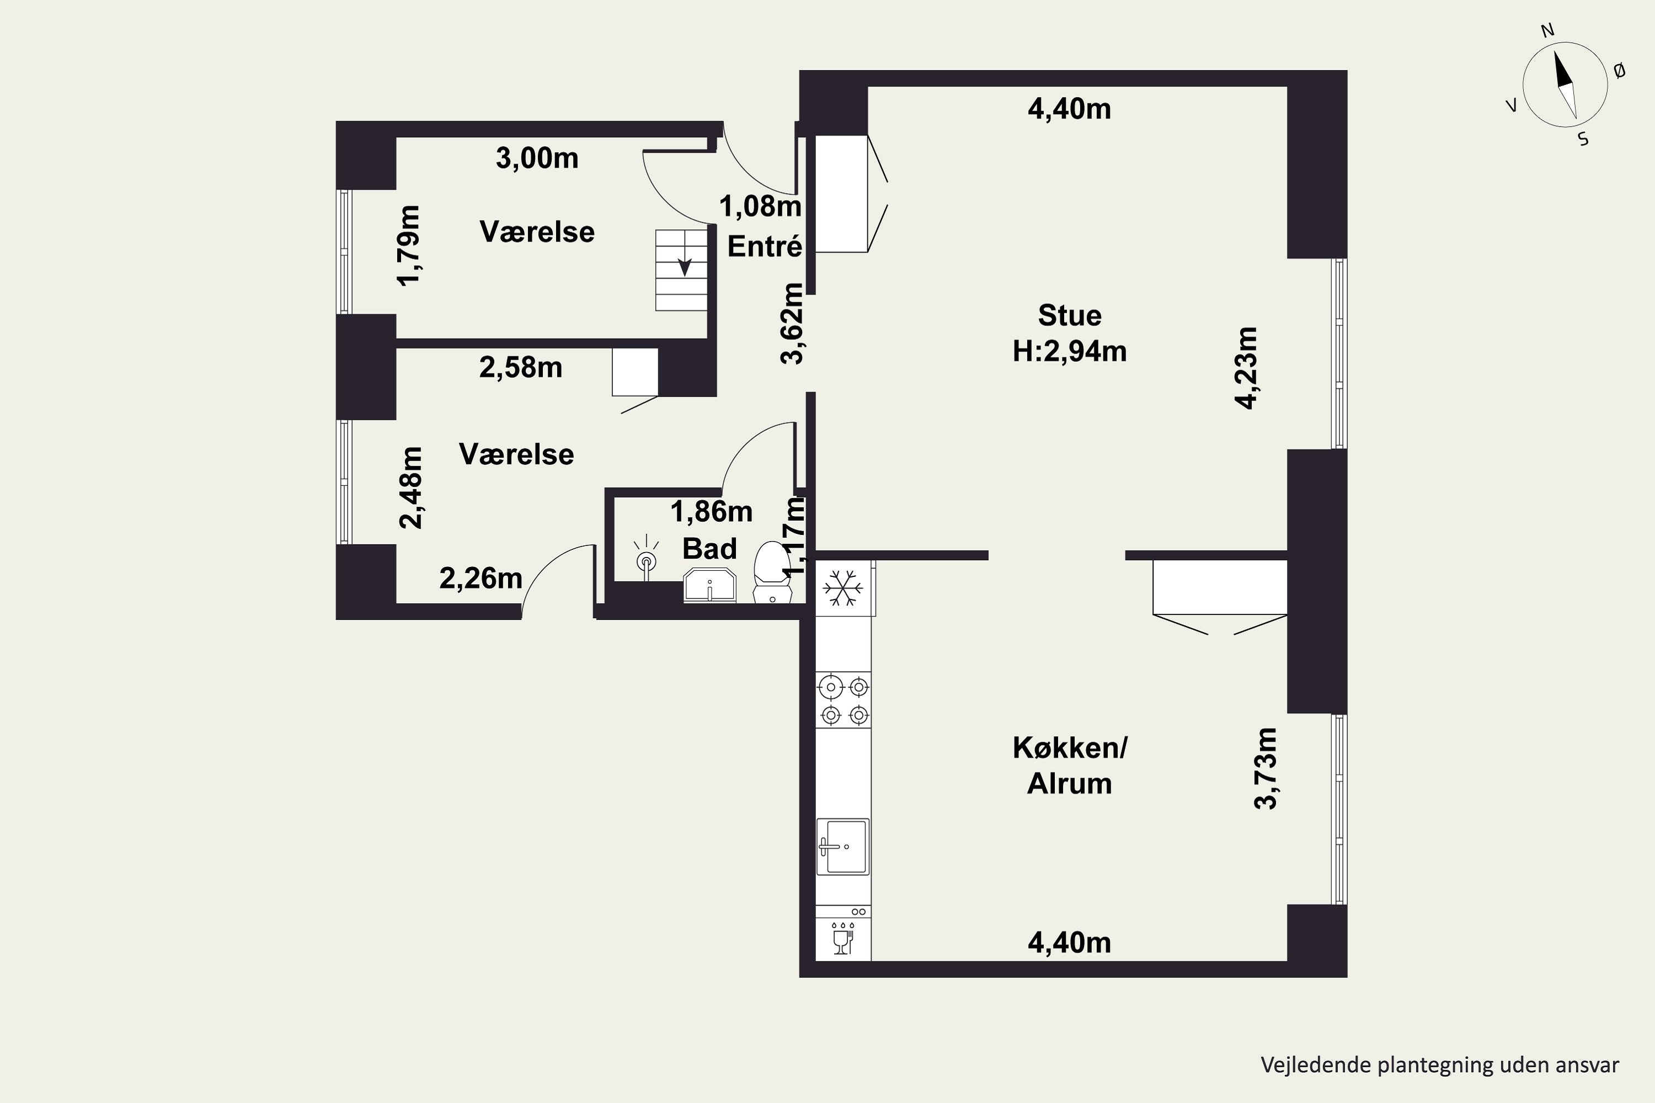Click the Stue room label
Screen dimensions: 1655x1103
coord(1070,315)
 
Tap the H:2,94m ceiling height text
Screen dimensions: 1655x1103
coord(1070,350)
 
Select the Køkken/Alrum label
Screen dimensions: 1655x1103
coord(1070,765)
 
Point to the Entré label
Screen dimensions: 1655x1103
coord(764,246)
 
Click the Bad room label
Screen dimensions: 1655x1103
coord(709,548)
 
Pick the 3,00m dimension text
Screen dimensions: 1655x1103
coord(537,158)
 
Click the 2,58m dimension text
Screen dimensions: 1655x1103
coord(521,367)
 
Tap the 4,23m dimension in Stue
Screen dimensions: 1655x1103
coord(1246,368)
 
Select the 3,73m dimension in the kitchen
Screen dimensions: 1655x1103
coord(1266,768)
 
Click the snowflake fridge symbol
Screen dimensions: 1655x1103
coord(843,588)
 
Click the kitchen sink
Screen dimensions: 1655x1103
coord(843,846)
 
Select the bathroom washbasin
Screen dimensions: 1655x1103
coord(709,586)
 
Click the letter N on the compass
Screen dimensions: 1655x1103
coord(1547,30)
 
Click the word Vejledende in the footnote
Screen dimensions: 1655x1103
coord(1306,1065)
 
